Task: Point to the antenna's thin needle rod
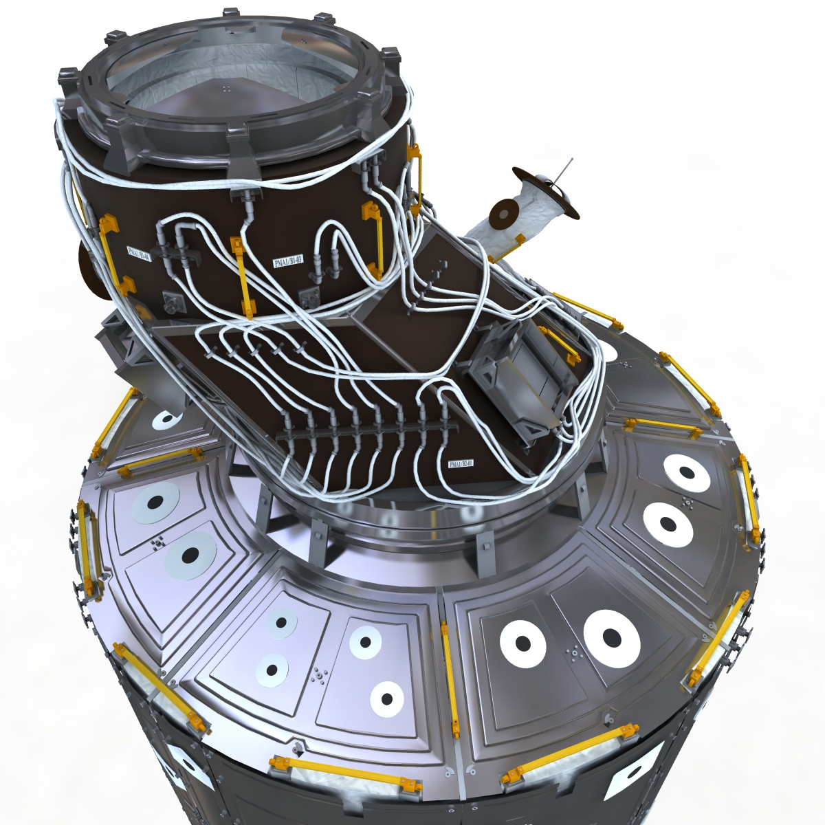point(565,168)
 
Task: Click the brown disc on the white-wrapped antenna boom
point(504,212)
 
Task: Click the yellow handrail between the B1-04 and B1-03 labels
point(240,275)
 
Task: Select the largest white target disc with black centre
point(611,637)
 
